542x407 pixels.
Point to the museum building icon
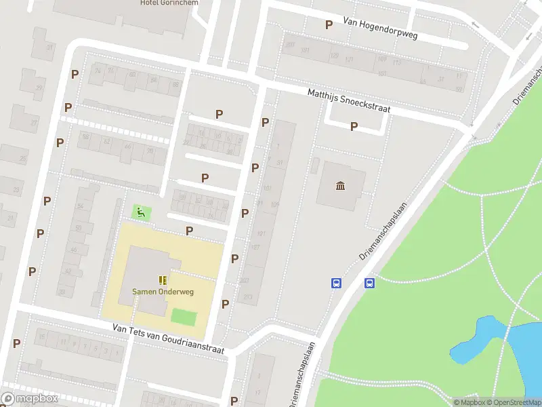(341, 186)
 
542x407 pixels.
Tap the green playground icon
(141, 212)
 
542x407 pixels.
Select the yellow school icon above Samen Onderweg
(163, 279)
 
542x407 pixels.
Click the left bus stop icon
(335, 284)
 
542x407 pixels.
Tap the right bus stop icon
(370, 284)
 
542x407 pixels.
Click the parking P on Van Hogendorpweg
(329, 24)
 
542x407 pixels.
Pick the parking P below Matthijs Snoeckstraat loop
(354, 126)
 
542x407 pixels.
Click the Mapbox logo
(30, 399)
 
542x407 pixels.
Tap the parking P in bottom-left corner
(16, 343)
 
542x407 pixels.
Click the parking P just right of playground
(189, 231)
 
